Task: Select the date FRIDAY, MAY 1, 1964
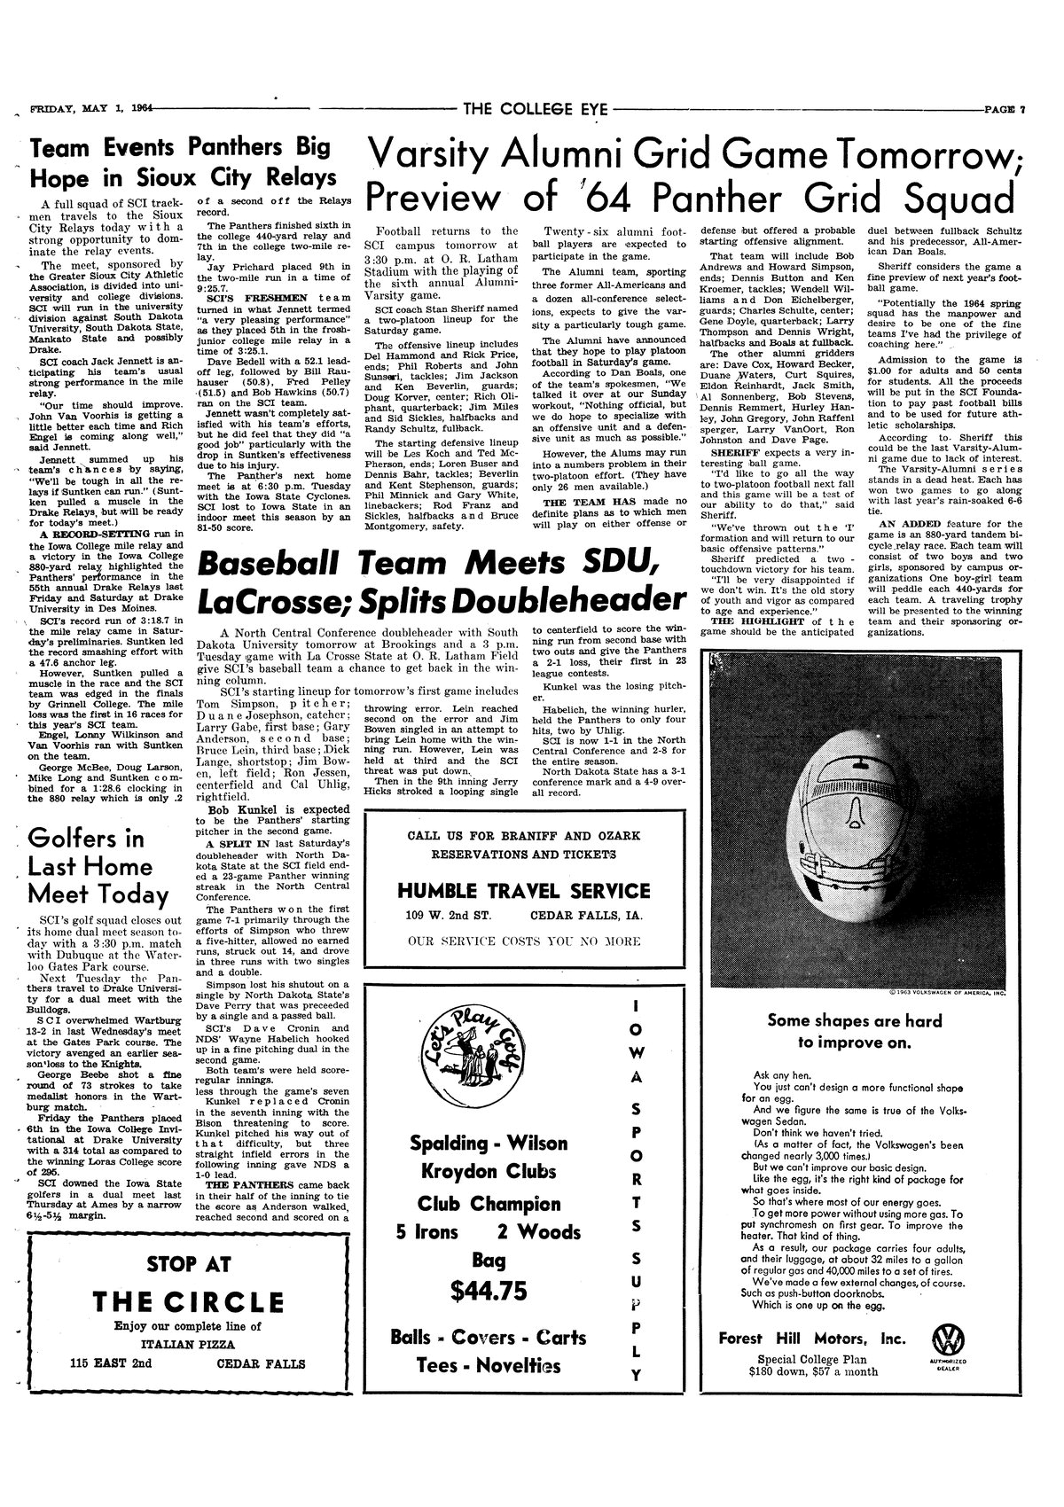89,109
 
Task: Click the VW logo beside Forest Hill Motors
946,1339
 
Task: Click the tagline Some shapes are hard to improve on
855,1031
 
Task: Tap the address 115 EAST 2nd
112,1363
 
